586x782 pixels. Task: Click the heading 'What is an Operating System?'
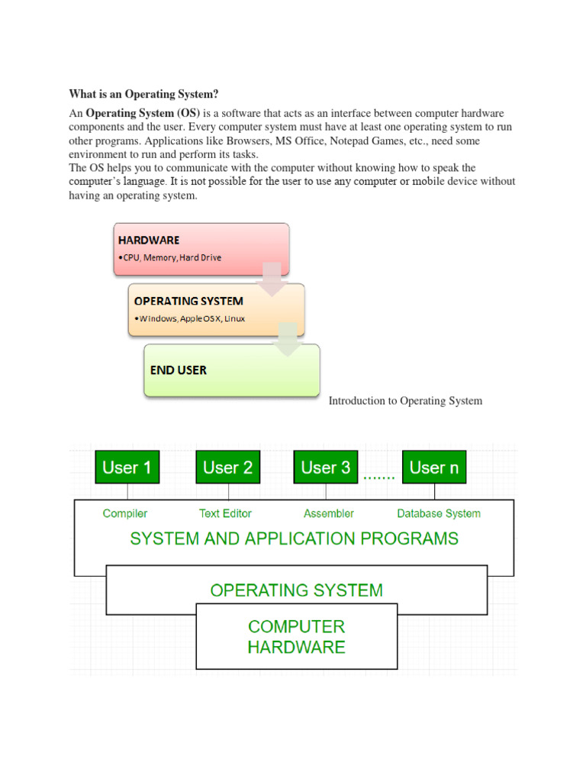point(143,94)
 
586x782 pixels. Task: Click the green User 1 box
point(127,467)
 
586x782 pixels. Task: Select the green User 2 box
point(227,467)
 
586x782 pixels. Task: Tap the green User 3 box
point(326,467)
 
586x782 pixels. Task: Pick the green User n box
point(434,467)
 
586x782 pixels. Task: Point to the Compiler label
point(125,513)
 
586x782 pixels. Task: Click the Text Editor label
point(225,513)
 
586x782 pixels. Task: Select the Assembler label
point(329,513)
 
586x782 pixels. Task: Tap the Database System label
point(439,513)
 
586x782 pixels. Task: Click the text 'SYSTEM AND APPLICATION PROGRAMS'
point(294,538)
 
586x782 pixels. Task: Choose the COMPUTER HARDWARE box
point(297,637)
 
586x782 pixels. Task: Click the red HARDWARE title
point(149,240)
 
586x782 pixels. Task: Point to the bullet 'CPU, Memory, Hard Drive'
point(169,258)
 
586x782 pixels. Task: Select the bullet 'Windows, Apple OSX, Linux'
point(189,318)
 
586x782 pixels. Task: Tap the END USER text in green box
point(179,370)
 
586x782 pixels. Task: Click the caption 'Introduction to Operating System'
point(405,401)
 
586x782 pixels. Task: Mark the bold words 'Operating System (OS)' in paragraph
point(143,113)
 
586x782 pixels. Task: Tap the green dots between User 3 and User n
point(379,477)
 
